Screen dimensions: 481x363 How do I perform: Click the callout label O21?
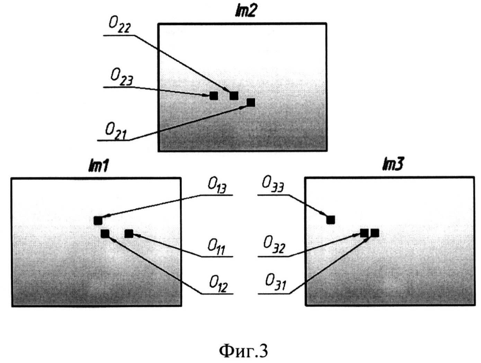point(116,131)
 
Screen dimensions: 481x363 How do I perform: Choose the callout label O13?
point(217,186)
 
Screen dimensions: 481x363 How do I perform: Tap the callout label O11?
point(216,247)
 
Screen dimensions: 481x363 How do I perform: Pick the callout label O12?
point(218,284)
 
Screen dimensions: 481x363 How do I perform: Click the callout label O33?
point(273,185)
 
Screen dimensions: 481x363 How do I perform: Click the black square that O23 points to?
point(214,96)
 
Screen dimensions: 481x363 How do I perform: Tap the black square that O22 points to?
point(234,96)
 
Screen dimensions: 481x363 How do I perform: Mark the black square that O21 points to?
point(251,102)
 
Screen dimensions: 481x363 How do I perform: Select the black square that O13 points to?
point(98,221)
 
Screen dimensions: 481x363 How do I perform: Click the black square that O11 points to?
point(128,234)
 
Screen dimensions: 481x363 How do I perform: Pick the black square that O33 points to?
point(330,220)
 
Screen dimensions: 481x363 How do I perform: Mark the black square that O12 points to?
point(105,234)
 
